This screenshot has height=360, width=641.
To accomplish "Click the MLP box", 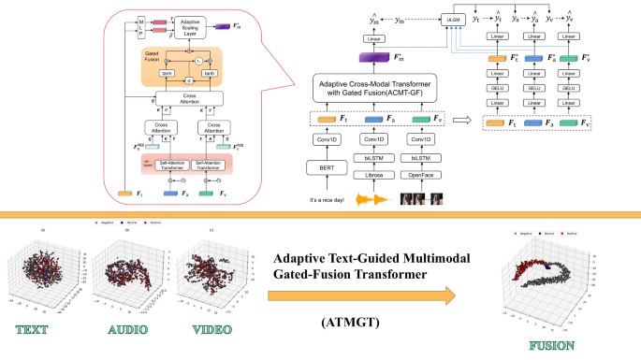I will [141, 25].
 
